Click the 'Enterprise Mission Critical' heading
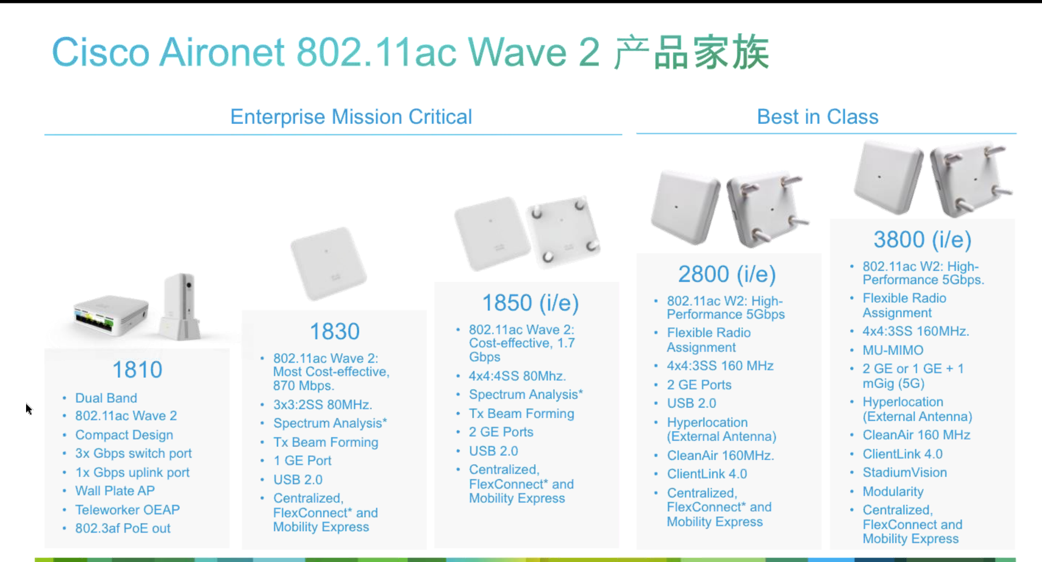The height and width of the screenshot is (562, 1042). pos(351,117)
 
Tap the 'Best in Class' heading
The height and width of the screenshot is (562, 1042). pos(817,117)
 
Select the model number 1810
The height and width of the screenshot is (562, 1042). pos(137,370)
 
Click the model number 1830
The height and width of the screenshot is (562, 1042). pos(335,331)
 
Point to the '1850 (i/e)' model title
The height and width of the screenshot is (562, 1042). pos(530,303)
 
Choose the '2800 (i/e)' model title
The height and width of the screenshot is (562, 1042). pos(727,274)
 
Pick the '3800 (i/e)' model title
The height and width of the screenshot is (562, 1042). pos(922,239)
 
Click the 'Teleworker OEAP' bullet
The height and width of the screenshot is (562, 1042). pos(127,510)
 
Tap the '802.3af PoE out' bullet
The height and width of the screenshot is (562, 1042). pos(122,528)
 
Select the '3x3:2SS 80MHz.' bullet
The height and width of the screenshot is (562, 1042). pos(322,404)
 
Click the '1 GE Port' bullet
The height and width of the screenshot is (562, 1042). pos(302,461)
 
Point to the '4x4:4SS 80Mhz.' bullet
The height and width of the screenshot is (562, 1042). pos(517,376)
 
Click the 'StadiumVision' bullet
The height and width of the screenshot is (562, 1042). pos(905,473)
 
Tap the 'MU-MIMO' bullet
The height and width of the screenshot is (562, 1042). pos(893,350)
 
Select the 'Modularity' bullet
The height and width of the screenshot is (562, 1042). pos(893,492)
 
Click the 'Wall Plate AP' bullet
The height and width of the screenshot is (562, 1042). pos(115,491)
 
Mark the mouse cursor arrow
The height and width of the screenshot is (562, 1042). pos(29,409)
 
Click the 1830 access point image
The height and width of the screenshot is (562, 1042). pos(328,264)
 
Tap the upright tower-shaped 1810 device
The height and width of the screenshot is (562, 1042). pos(180,307)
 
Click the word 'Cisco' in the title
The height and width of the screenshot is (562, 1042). pos(101,52)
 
